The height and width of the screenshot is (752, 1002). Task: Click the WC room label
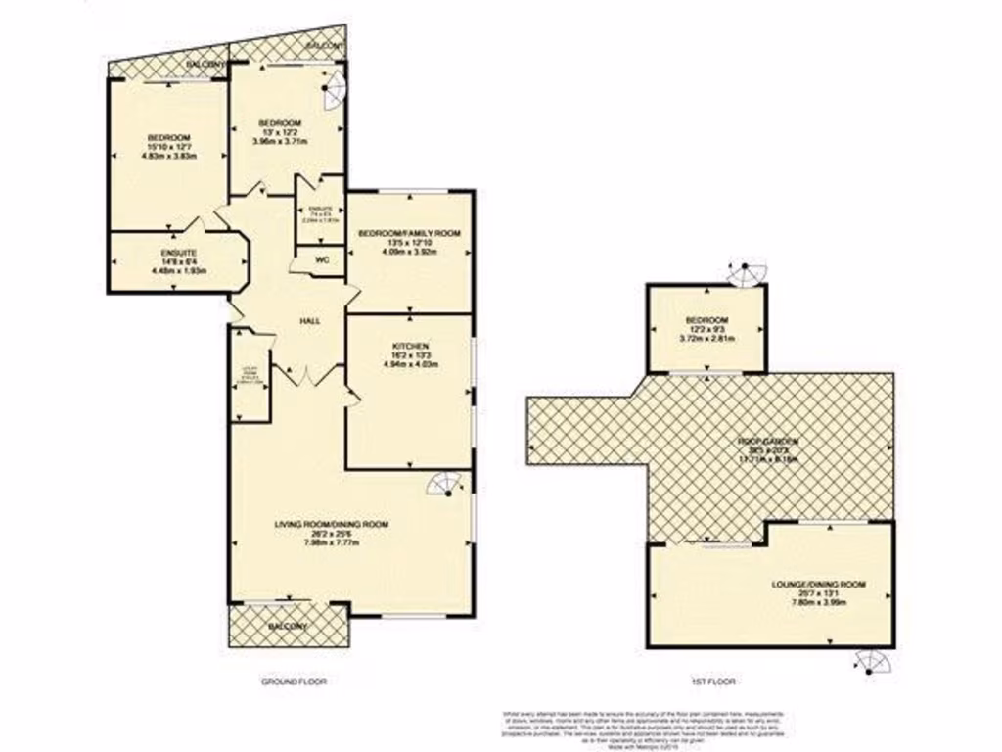[320, 260]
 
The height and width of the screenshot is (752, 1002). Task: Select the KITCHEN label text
[409, 347]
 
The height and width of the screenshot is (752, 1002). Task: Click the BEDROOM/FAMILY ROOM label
[408, 233]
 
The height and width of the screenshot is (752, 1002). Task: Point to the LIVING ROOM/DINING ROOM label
[331, 525]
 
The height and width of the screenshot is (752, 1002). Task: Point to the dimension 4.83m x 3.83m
[169, 156]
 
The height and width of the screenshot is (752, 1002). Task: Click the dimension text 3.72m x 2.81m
[706, 339]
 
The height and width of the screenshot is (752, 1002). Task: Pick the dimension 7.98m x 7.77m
[331, 542]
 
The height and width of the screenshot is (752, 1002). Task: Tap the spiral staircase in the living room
[445, 485]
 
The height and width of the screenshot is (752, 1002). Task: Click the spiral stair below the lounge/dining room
[870, 664]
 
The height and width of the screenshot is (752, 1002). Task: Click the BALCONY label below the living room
[288, 626]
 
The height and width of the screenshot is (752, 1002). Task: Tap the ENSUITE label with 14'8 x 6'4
[179, 253]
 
